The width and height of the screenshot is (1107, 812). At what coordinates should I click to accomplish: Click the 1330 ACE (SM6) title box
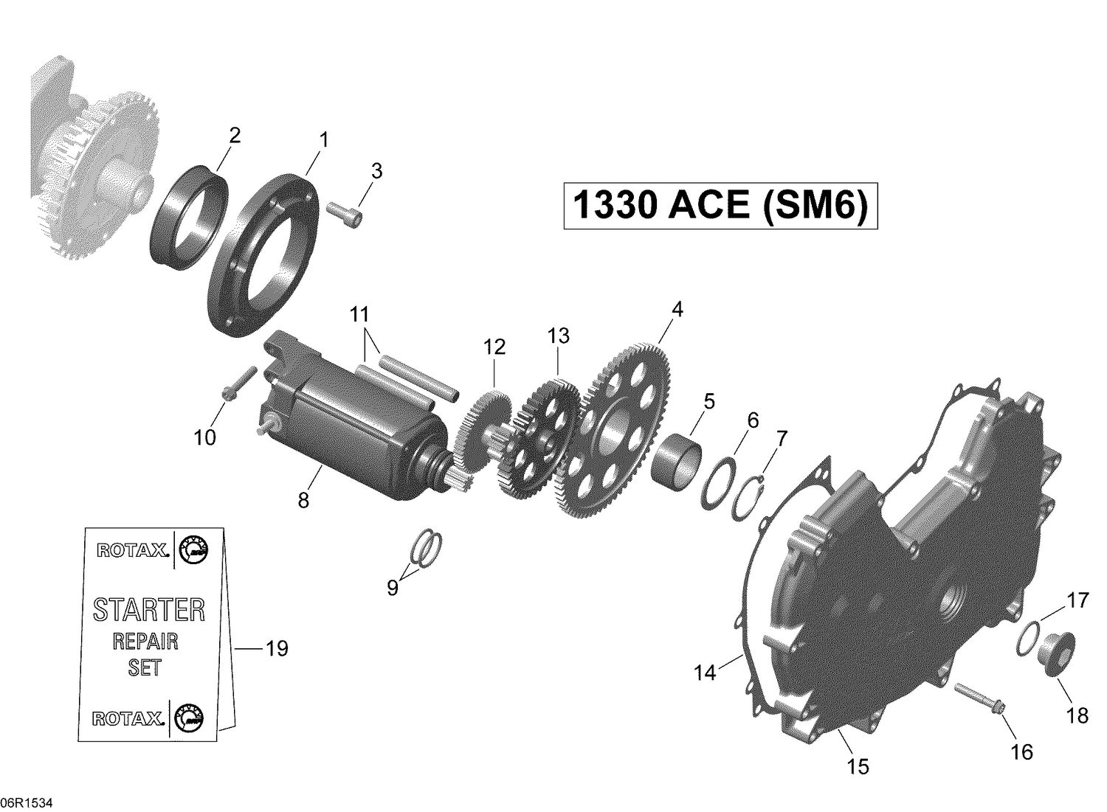[720, 206]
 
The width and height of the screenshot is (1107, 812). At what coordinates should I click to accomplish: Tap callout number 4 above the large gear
[676, 309]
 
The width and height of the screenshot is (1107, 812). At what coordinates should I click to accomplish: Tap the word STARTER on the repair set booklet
[148, 610]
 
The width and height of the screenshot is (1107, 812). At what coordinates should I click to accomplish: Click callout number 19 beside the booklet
[276, 649]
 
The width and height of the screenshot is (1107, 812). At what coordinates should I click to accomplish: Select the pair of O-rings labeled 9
[426, 549]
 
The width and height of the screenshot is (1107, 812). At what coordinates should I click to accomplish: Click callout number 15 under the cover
[858, 766]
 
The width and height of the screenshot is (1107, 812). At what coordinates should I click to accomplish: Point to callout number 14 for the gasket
[705, 673]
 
